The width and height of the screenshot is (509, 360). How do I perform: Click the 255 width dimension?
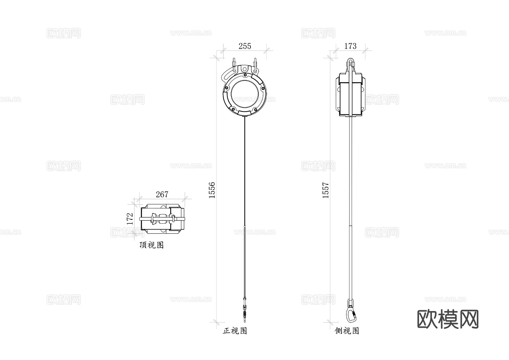[x=245, y=46]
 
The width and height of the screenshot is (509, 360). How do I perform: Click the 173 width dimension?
[x=350, y=46]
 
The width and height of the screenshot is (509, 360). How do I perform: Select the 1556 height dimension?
[x=212, y=190]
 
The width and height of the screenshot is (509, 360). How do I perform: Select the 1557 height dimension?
[x=326, y=190]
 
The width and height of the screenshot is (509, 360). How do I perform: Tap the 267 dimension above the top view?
[x=162, y=194]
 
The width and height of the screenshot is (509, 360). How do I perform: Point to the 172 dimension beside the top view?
[x=130, y=219]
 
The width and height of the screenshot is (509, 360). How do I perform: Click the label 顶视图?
[x=152, y=245]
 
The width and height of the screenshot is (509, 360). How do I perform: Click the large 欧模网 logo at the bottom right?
[x=448, y=319]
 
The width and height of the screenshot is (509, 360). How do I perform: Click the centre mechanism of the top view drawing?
[x=162, y=219]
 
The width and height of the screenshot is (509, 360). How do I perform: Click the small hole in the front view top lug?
[x=244, y=69]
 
